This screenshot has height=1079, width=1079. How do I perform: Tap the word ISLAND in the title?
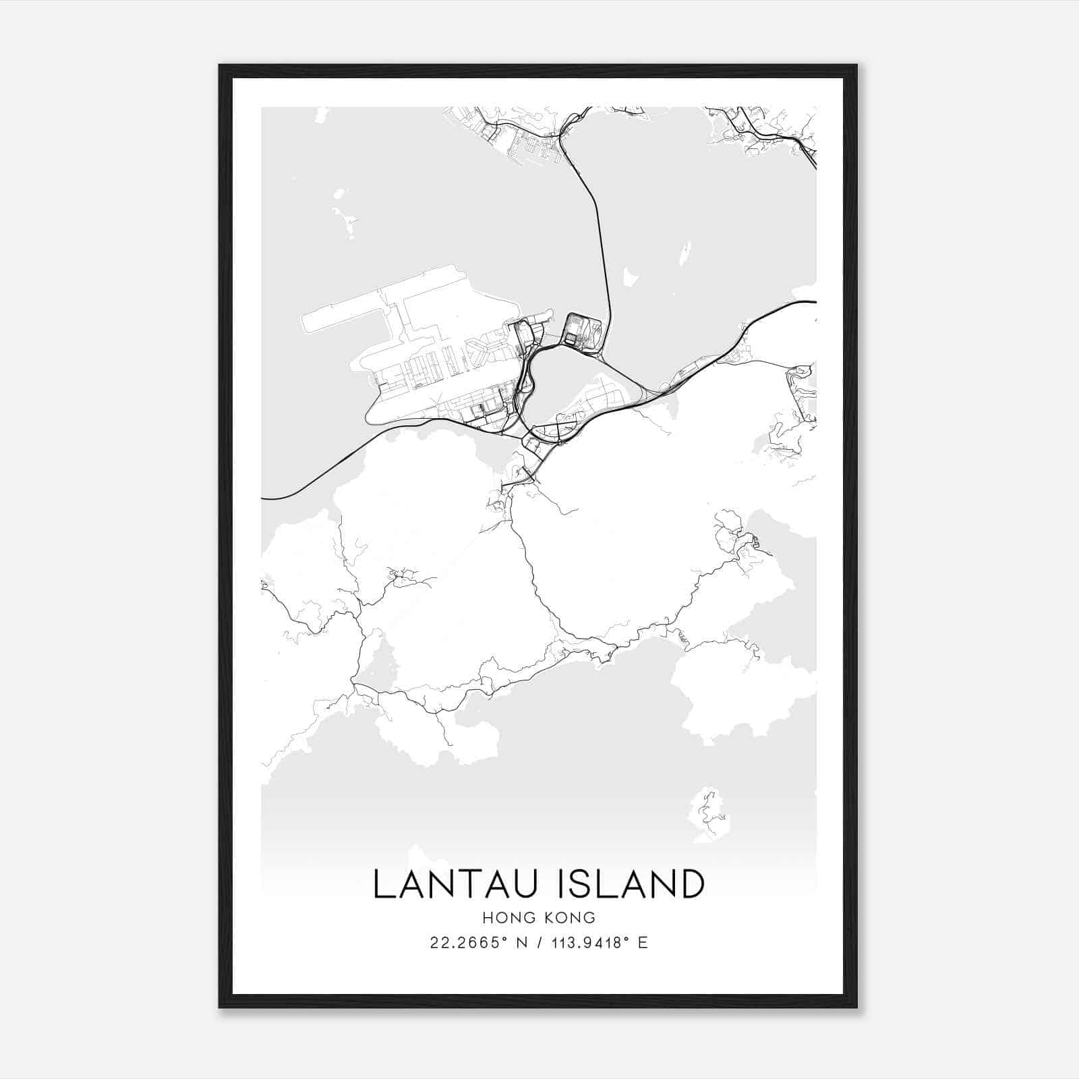(631, 884)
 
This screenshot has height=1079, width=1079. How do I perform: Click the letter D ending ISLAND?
(689, 884)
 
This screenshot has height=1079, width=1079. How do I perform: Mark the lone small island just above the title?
(707, 814)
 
